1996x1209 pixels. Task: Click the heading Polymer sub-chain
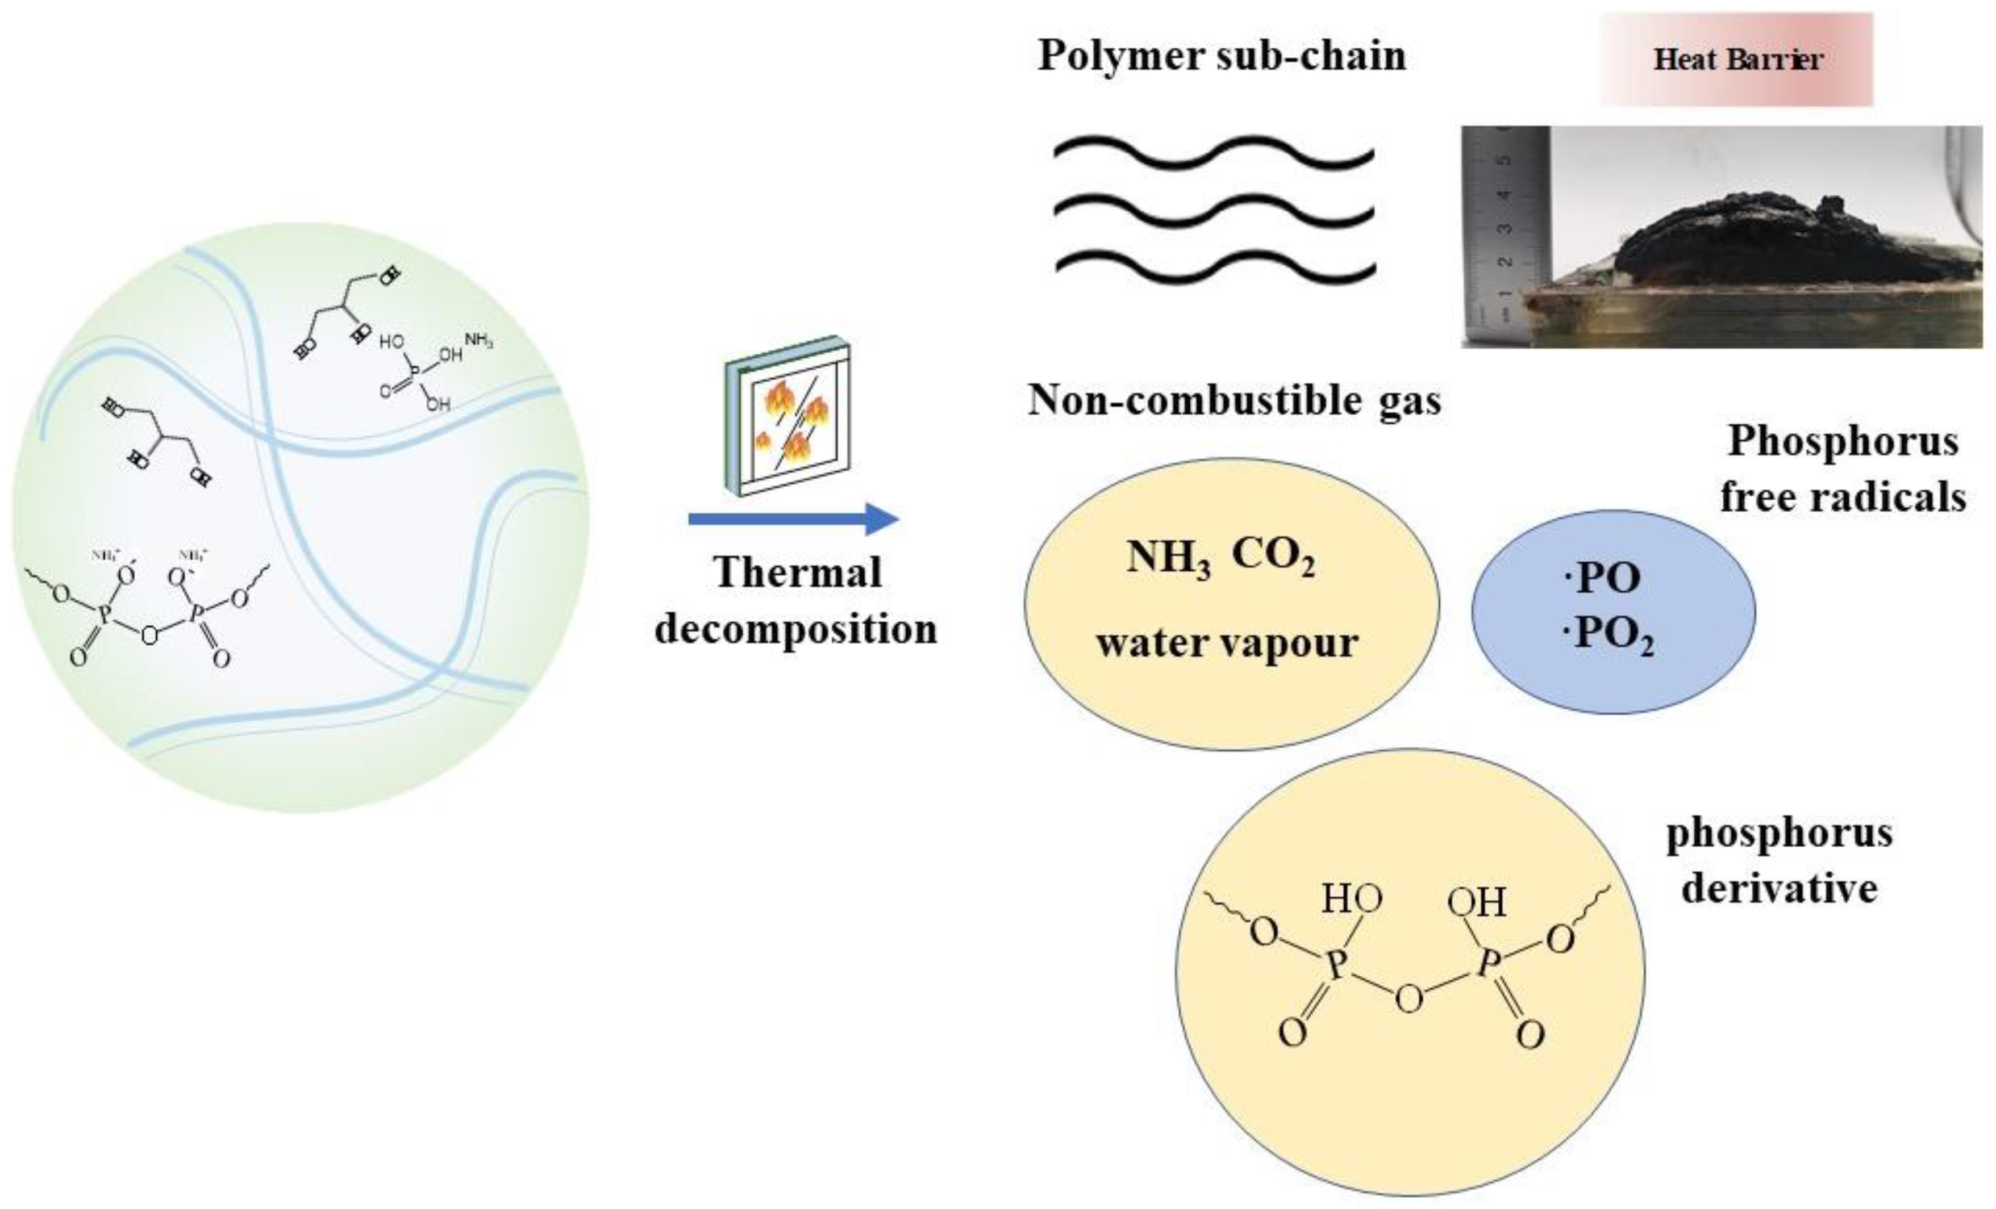pyautogui.click(x=1222, y=56)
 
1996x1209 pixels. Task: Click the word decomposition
pyautogui.click(x=795, y=629)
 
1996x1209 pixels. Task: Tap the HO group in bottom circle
pyautogui.click(x=1351, y=899)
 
